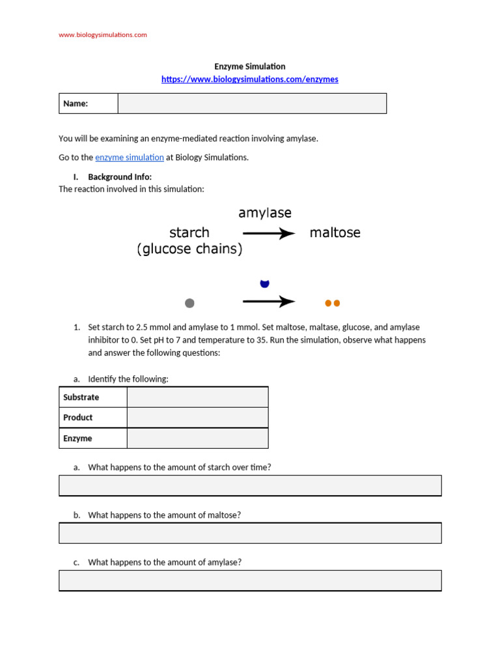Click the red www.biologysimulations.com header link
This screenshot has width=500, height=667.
(x=103, y=35)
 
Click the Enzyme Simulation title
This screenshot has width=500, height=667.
(x=250, y=66)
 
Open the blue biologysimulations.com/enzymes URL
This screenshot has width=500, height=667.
(x=250, y=79)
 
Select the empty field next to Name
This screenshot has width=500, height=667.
(x=252, y=104)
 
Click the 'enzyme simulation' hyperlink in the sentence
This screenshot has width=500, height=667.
(x=130, y=157)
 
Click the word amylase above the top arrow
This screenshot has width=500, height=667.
(x=265, y=213)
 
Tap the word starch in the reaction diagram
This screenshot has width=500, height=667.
(x=189, y=233)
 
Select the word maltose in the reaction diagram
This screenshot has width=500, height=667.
(x=335, y=233)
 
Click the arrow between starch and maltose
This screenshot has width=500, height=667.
(x=269, y=233)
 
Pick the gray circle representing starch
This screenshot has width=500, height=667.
(x=189, y=303)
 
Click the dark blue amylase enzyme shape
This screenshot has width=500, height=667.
(x=264, y=283)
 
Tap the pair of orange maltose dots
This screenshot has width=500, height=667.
(x=332, y=303)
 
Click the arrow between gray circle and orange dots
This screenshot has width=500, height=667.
(x=269, y=302)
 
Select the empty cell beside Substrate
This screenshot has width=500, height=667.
(x=197, y=397)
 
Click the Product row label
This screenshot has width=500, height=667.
(x=78, y=418)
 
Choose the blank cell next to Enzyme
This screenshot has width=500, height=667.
(x=197, y=438)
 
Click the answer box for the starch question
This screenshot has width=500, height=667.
(x=250, y=485)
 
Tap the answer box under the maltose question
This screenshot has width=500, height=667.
(x=250, y=533)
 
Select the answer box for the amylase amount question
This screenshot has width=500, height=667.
(x=250, y=580)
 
